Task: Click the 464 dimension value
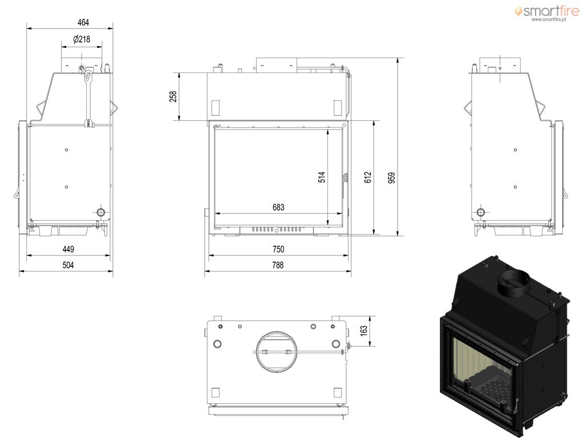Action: pyautogui.click(x=83, y=22)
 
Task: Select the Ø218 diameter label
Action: pyautogui.click(x=82, y=39)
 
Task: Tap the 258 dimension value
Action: pyautogui.click(x=173, y=96)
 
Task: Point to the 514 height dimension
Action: pyautogui.click(x=322, y=177)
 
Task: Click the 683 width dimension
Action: pyautogui.click(x=278, y=208)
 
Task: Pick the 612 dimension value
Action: pyautogui.click(x=368, y=177)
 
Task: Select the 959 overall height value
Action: pyautogui.click(x=391, y=178)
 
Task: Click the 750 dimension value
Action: pyautogui.click(x=278, y=249)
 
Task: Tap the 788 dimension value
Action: pyautogui.click(x=278, y=265)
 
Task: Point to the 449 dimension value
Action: pyautogui.click(x=68, y=249)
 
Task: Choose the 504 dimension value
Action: pyautogui.click(x=68, y=265)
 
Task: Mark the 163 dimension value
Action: pyautogui.click(x=364, y=330)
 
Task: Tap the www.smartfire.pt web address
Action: pyautogui.click(x=549, y=19)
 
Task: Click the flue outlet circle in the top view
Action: pyautogui.click(x=277, y=351)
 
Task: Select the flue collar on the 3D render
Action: pyautogui.click(x=514, y=283)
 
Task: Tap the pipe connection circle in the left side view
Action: pyautogui.click(x=101, y=213)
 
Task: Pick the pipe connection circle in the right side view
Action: pyautogui.click(x=481, y=213)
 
